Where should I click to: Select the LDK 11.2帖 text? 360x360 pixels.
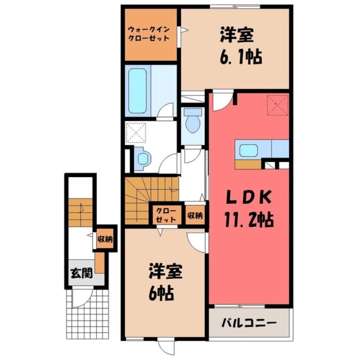[247, 208]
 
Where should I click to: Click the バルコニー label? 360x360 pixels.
[248, 324]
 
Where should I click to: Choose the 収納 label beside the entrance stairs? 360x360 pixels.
[105, 239]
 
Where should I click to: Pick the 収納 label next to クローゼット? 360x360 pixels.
[195, 215]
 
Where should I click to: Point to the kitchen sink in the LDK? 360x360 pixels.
[248, 150]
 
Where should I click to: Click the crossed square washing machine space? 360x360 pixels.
[136, 133]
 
